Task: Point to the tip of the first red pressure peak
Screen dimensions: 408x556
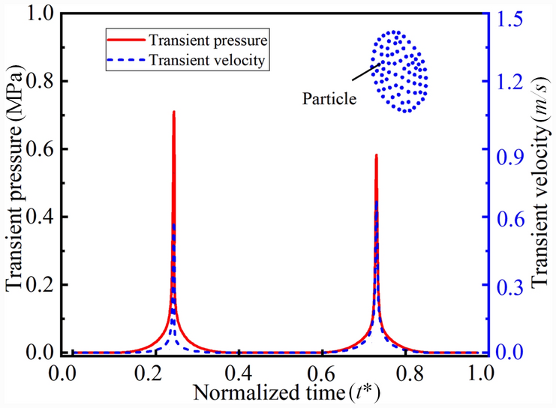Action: pyautogui.click(x=174, y=112)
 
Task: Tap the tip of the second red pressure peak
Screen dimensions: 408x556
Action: pyautogui.click(x=376, y=155)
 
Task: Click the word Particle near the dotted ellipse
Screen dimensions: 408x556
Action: pyautogui.click(x=329, y=97)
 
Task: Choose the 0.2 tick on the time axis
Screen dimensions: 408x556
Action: pyautogui.click(x=157, y=371)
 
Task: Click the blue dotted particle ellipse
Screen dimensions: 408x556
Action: pyautogui.click(x=400, y=71)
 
